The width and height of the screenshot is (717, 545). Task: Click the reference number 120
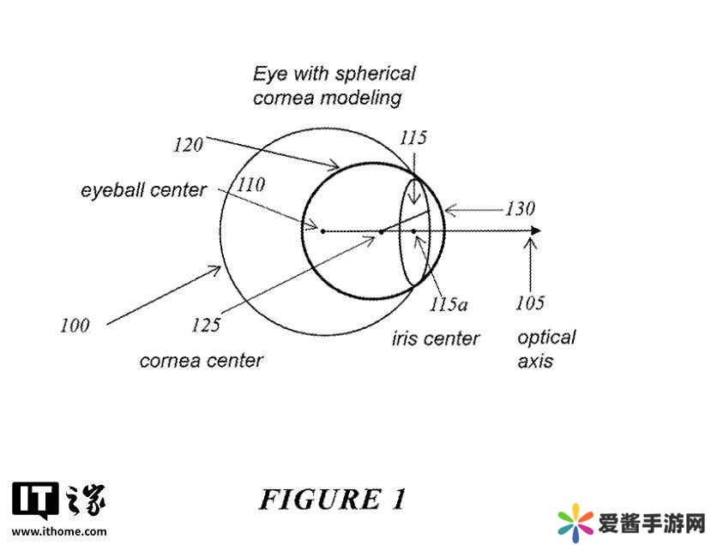point(186,144)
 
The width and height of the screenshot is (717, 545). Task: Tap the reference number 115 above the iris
point(413,137)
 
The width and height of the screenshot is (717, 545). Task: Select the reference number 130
point(519,208)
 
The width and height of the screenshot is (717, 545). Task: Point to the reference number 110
point(251,184)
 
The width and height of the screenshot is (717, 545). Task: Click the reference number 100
point(75,325)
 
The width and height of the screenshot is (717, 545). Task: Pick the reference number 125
point(206,325)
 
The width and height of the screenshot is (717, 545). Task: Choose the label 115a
point(449,303)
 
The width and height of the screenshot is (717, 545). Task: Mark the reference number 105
point(530,302)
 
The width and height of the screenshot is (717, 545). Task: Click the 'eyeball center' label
point(144,189)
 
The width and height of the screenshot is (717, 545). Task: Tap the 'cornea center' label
point(201,360)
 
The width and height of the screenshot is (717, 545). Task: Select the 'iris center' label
point(436,338)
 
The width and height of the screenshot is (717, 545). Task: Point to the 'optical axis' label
point(546,349)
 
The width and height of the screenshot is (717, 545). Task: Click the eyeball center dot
point(322,231)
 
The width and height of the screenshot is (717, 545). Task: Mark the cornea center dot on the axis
point(381,231)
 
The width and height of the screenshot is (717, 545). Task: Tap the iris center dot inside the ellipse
point(413,231)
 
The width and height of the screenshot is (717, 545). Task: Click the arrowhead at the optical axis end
point(535,231)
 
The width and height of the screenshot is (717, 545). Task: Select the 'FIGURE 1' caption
point(332,498)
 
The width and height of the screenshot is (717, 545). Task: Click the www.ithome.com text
point(59,530)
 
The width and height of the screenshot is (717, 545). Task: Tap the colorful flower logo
point(575,522)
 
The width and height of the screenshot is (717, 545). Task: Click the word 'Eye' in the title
point(268,73)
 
